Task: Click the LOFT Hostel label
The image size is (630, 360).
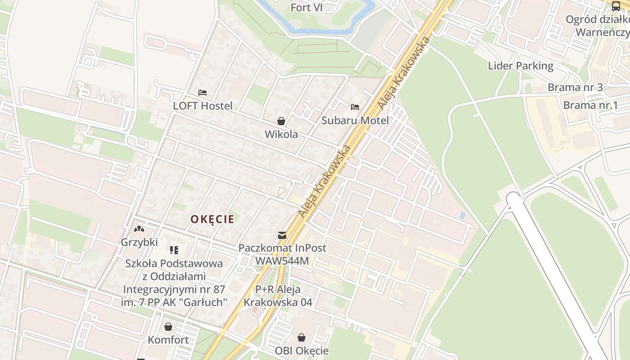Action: coord(203,106)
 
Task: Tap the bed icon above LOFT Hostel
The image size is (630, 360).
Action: coord(202,93)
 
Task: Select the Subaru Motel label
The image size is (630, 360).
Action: coord(355,121)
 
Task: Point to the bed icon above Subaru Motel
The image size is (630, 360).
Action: coord(355,107)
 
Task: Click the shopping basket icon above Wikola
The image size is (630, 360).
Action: coord(281,121)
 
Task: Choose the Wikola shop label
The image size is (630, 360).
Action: coord(281,134)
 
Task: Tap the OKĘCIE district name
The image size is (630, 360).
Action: coord(212,219)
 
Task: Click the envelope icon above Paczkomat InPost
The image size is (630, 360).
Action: coord(282,235)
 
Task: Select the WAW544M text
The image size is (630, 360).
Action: coord(282,261)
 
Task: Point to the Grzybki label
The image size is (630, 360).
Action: coord(139,242)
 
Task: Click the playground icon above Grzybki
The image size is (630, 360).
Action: coord(139,229)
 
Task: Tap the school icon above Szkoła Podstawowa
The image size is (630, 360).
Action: coord(174,250)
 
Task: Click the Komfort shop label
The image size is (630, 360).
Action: coord(168,340)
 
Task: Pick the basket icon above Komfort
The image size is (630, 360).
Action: coord(168,327)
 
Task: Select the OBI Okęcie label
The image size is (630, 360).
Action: coord(301,351)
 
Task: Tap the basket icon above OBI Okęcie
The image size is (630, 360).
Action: coord(301,337)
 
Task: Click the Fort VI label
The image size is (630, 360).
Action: coord(306,7)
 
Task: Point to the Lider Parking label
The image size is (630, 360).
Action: coord(521,66)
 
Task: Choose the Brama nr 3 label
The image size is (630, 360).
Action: coord(575,87)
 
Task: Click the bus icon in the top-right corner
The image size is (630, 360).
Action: coord(616,6)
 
